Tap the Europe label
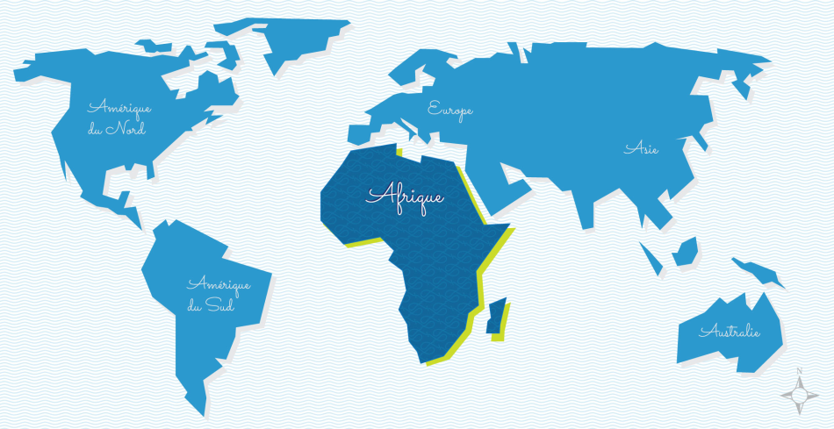click(x=449, y=110)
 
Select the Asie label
click(x=641, y=148)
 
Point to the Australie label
click(x=729, y=332)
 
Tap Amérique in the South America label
click(x=219, y=284)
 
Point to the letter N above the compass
click(x=799, y=371)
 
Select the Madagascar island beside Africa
click(x=496, y=316)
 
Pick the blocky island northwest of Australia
click(x=685, y=254)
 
